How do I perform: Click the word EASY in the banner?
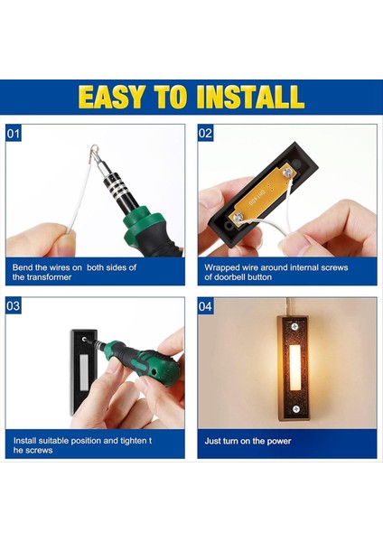coord(111,97)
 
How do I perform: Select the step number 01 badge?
coord(14,133)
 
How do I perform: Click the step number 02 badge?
coord(205,133)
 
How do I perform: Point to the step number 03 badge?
coord(14,306)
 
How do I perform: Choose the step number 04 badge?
coord(205,306)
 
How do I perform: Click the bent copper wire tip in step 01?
coord(95,153)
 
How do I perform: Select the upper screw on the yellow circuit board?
coord(286,172)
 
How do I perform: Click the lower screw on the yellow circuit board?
coord(238,217)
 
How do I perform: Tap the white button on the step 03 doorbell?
coord(84,371)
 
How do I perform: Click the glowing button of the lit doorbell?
coord(294,367)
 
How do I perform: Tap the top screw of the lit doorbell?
coord(294,326)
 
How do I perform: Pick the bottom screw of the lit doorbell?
coord(296,409)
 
